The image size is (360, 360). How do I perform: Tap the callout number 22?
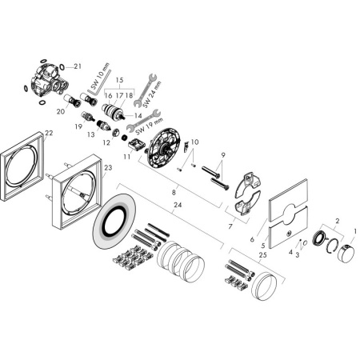[50, 133]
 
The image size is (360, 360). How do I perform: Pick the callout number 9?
[224, 155]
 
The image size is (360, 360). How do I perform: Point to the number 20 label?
[60, 112]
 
